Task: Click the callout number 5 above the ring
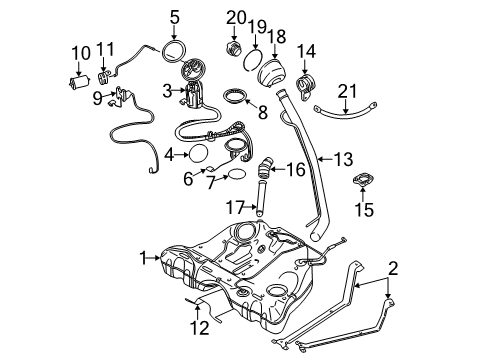coord(173,17)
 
